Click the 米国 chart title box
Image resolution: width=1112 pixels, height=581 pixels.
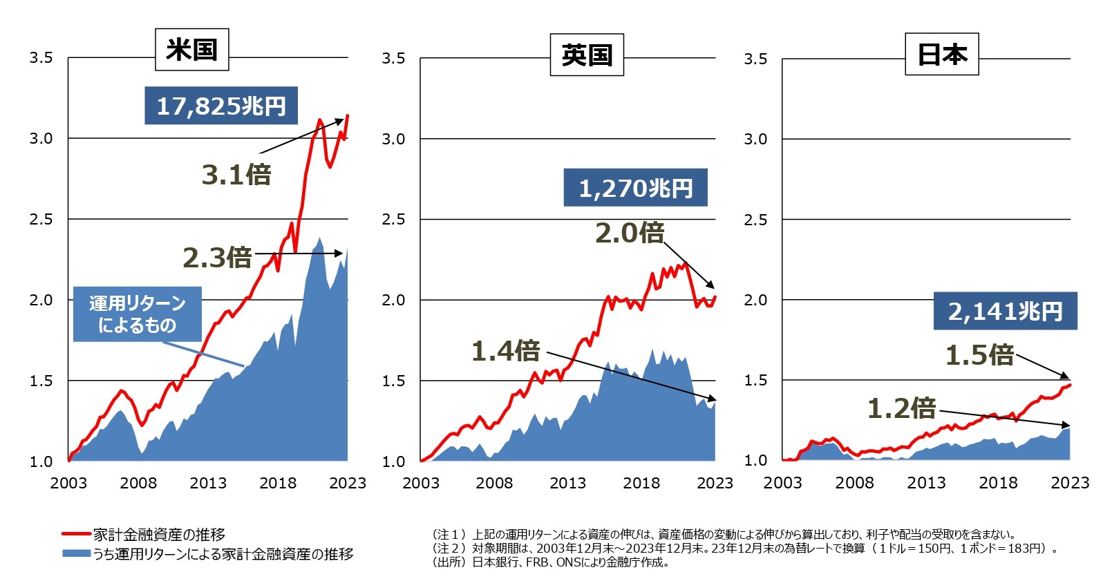click(191, 50)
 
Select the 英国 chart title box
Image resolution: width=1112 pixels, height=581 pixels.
click(587, 55)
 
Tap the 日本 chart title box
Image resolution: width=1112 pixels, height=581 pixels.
click(941, 54)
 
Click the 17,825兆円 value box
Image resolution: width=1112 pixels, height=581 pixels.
click(221, 106)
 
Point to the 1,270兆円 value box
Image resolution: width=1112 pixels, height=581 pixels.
click(635, 188)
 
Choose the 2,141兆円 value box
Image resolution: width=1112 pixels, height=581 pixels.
click(1005, 311)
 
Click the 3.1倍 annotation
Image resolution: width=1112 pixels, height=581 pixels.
click(236, 175)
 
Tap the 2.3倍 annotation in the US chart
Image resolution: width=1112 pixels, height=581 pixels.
click(217, 258)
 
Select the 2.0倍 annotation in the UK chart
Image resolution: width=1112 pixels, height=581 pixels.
click(630, 233)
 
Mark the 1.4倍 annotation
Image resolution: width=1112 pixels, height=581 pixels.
click(505, 351)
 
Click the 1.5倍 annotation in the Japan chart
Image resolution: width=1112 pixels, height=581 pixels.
click(979, 355)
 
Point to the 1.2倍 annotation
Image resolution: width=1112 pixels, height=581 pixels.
click(901, 408)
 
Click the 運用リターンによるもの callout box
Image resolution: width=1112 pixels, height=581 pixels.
click(138, 314)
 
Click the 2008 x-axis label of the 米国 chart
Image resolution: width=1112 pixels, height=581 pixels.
click(138, 483)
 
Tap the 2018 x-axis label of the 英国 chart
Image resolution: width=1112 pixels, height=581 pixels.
click(641, 483)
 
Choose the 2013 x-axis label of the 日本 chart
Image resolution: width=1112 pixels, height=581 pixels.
click(926, 483)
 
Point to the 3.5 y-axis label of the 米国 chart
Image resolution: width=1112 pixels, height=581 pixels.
click(41, 58)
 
